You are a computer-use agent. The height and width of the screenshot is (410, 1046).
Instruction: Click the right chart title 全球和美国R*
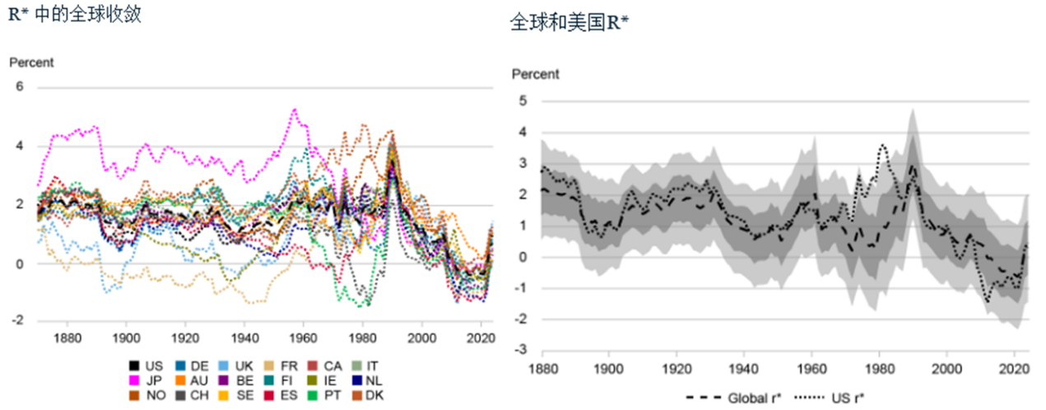coord(569,24)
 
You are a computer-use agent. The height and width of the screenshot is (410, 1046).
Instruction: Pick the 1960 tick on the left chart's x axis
coord(304,338)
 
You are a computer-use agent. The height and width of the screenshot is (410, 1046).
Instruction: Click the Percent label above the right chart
coord(536,74)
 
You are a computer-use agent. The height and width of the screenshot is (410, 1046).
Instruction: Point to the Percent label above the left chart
coord(31,62)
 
